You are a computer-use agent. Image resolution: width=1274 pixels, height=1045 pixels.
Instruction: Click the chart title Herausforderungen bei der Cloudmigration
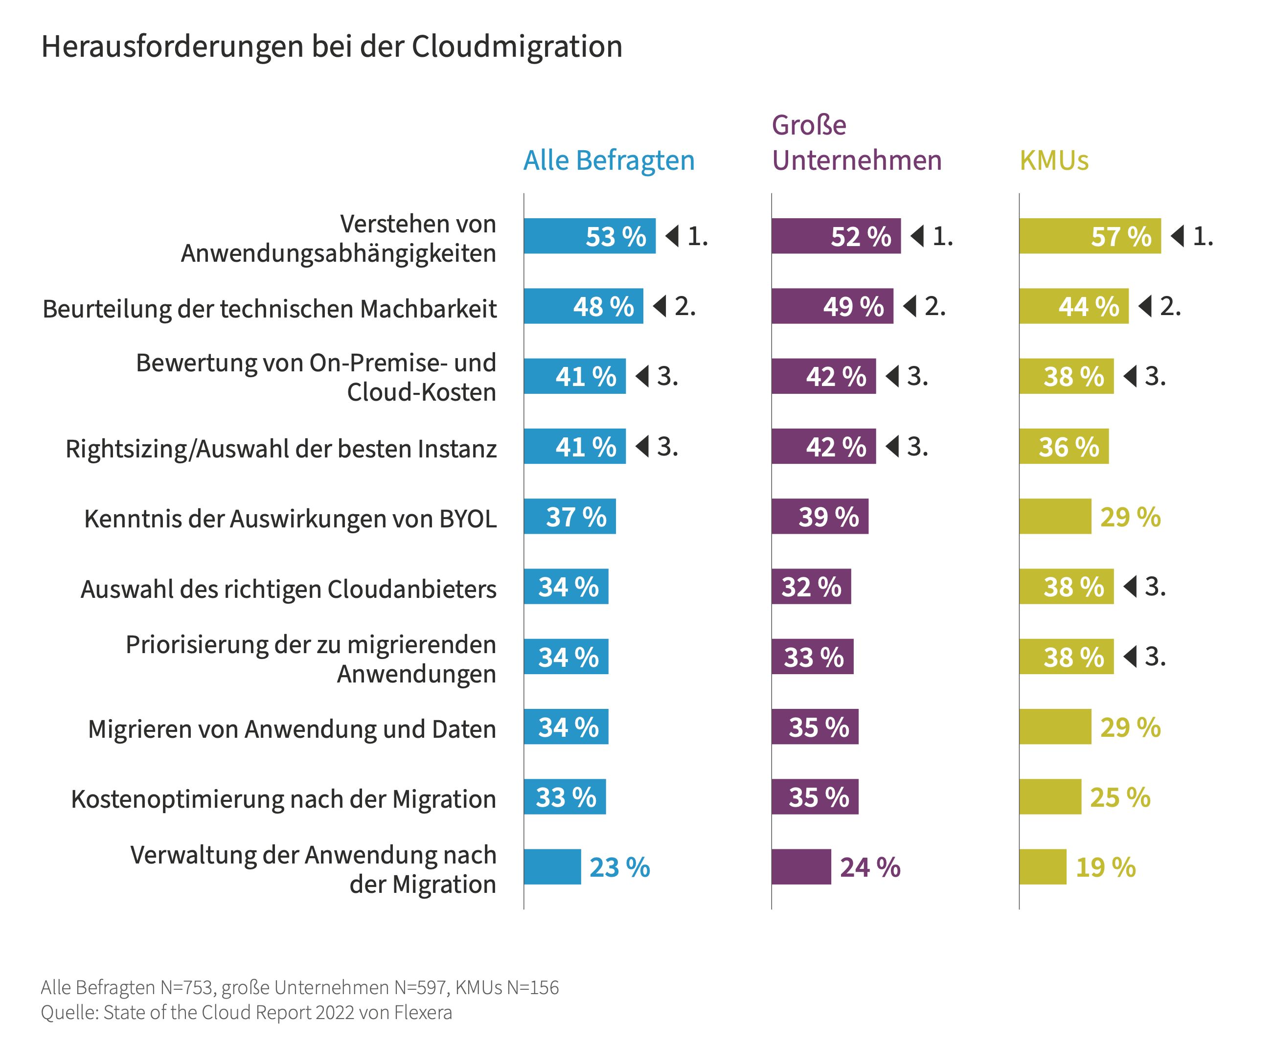[332, 47]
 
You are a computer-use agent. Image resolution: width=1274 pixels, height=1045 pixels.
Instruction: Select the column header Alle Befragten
[609, 161]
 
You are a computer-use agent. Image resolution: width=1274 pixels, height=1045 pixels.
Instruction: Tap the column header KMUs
[1054, 161]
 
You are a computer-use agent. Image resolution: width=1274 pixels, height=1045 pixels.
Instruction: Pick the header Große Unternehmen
[856, 143]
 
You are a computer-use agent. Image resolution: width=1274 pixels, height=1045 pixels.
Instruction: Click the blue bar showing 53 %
[590, 236]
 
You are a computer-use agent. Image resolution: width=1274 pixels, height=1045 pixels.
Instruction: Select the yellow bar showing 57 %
[1090, 236]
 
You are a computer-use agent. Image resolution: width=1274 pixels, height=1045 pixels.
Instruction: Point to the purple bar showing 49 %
[832, 306]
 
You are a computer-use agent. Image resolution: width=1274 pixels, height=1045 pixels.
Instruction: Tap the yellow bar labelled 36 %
[1063, 447]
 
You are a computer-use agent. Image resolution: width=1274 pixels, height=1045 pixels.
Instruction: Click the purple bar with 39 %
[819, 517]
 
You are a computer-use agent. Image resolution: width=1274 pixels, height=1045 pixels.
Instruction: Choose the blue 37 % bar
[569, 517]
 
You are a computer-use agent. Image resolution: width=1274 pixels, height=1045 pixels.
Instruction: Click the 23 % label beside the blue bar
[619, 867]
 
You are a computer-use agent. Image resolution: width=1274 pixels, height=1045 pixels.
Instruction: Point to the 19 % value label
[1105, 867]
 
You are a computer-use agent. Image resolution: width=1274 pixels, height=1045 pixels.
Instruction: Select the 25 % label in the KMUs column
[1120, 797]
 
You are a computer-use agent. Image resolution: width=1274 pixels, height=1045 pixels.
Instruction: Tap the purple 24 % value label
[870, 867]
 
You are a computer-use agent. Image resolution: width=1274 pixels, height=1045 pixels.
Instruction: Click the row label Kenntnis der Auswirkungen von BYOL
[290, 519]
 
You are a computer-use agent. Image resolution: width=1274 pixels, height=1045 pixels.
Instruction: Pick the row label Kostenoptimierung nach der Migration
[284, 799]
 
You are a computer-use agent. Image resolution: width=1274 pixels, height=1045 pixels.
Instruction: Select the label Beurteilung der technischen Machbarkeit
[270, 309]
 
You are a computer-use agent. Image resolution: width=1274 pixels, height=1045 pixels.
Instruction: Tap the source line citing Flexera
[246, 1013]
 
